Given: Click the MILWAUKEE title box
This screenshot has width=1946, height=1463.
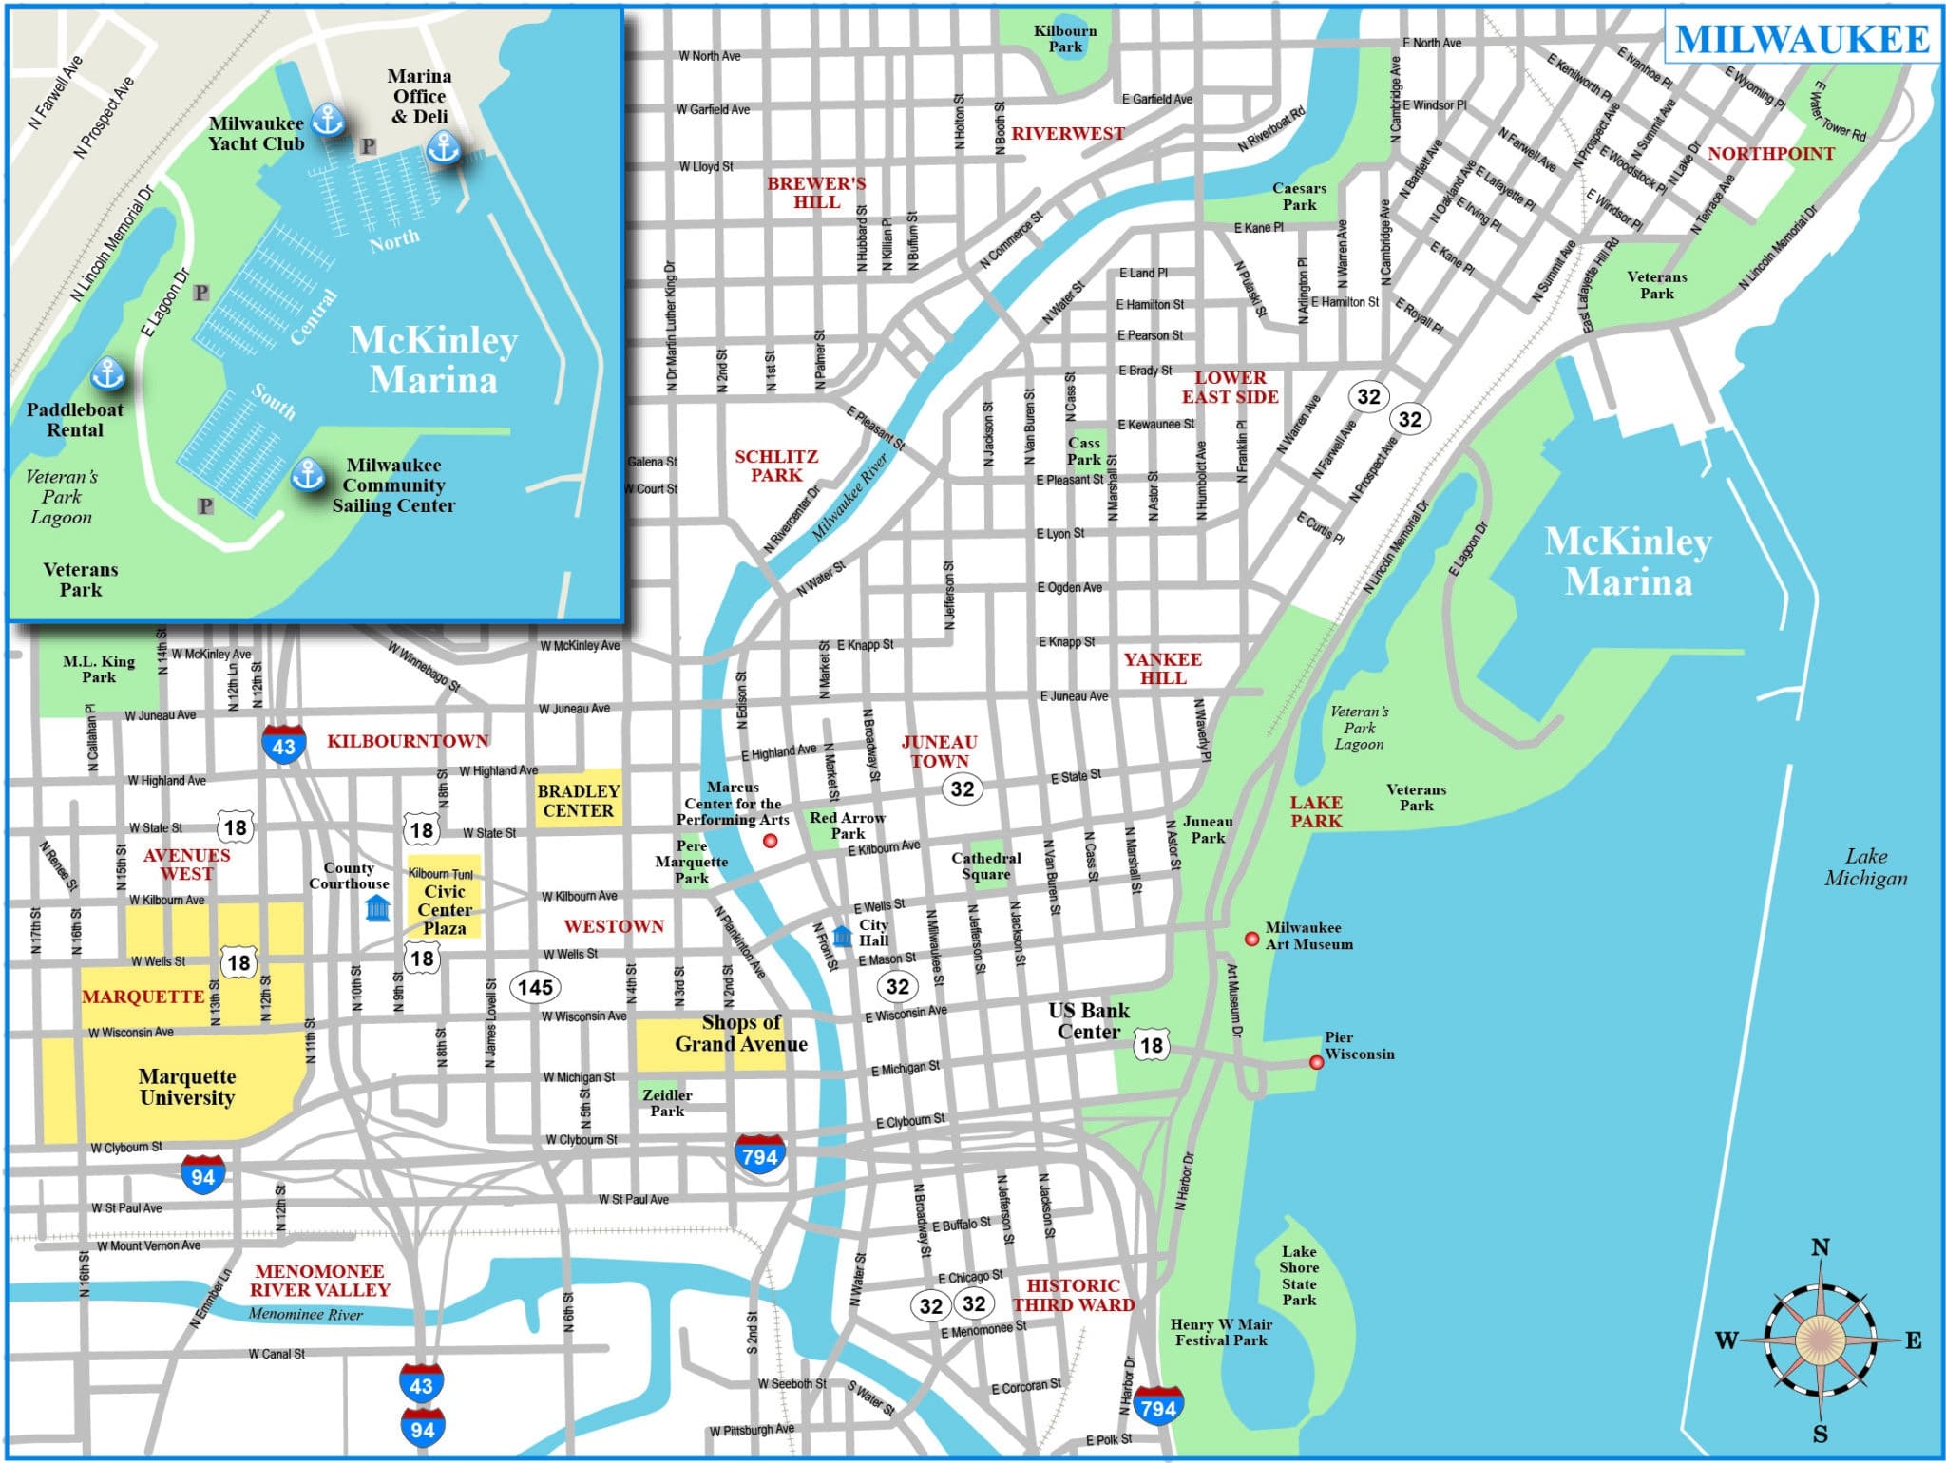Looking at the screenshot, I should (x=1802, y=39).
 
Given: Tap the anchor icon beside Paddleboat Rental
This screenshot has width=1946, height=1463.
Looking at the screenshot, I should (x=107, y=373).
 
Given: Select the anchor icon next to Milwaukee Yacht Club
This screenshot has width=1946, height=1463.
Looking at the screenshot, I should (x=328, y=120).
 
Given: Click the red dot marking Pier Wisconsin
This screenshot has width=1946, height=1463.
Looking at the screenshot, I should (x=1316, y=1062).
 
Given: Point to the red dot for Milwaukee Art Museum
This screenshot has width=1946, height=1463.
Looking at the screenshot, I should (x=1252, y=939).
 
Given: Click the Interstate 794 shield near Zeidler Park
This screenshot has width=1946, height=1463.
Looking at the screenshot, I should (x=760, y=1154).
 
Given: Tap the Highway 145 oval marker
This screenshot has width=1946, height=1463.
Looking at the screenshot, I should (x=535, y=987).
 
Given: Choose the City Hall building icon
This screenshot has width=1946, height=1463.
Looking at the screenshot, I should (x=842, y=936).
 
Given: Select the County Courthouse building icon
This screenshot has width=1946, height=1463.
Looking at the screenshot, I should (x=377, y=907).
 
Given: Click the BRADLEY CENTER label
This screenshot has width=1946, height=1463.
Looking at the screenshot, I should (x=578, y=800).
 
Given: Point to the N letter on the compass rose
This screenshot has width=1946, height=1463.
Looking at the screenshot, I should (x=1820, y=1247).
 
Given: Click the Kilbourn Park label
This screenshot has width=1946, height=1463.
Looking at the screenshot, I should (x=1065, y=39).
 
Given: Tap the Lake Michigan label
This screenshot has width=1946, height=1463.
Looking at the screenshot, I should (x=1865, y=866).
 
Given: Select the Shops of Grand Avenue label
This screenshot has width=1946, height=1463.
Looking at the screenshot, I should (x=741, y=1034).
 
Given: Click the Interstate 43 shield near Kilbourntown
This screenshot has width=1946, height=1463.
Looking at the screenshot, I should (x=283, y=745).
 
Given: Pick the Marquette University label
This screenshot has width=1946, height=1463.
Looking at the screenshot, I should (x=187, y=1087).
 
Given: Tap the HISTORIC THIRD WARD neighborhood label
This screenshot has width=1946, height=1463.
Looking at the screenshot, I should (x=1073, y=1295).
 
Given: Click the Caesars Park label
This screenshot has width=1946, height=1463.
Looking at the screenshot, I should (x=1299, y=197).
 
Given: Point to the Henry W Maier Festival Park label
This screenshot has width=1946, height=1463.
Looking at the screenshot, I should (x=1221, y=1331).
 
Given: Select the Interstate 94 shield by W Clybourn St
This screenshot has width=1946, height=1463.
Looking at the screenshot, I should (x=203, y=1176).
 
